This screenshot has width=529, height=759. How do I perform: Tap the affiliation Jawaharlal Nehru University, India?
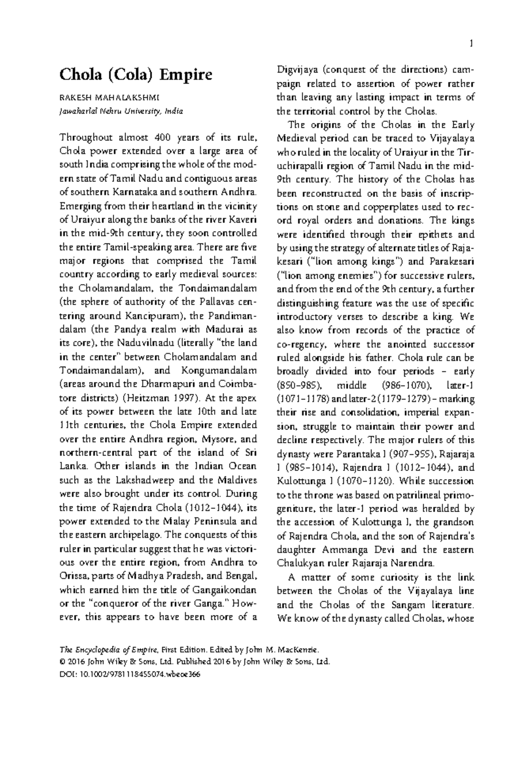pos(121,111)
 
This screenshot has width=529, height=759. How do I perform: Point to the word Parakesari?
pos(451,262)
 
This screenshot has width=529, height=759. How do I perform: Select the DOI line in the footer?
pos(130,674)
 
